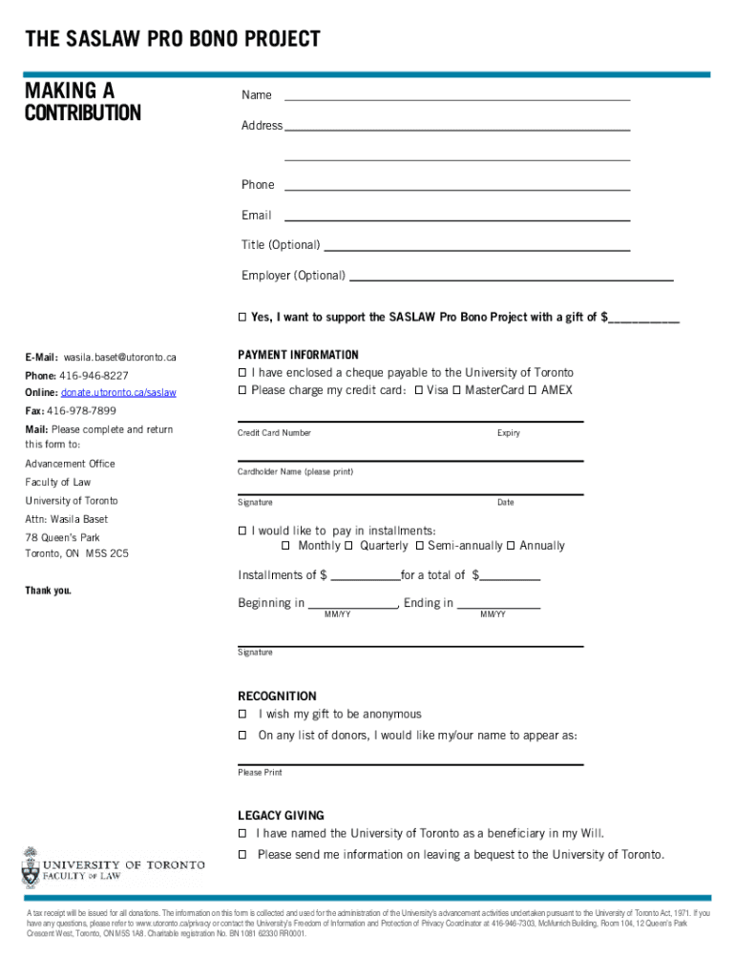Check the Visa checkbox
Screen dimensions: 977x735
click(420, 391)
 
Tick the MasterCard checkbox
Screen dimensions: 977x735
click(457, 391)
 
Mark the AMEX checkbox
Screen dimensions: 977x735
click(534, 391)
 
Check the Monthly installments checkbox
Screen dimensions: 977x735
click(286, 546)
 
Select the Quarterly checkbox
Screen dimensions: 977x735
click(348, 546)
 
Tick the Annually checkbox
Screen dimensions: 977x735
click(511, 546)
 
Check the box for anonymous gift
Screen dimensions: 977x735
click(242, 715)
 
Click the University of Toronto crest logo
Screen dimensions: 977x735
click(31, 867)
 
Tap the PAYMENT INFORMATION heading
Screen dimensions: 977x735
click(298, 355)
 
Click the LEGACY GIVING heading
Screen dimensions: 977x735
click(281, 816)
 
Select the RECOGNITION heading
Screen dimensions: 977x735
click(277, 696)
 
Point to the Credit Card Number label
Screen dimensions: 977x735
click(274, 433)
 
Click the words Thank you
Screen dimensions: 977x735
click(49, 591)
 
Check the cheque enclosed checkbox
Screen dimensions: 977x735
click(242, 373)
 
